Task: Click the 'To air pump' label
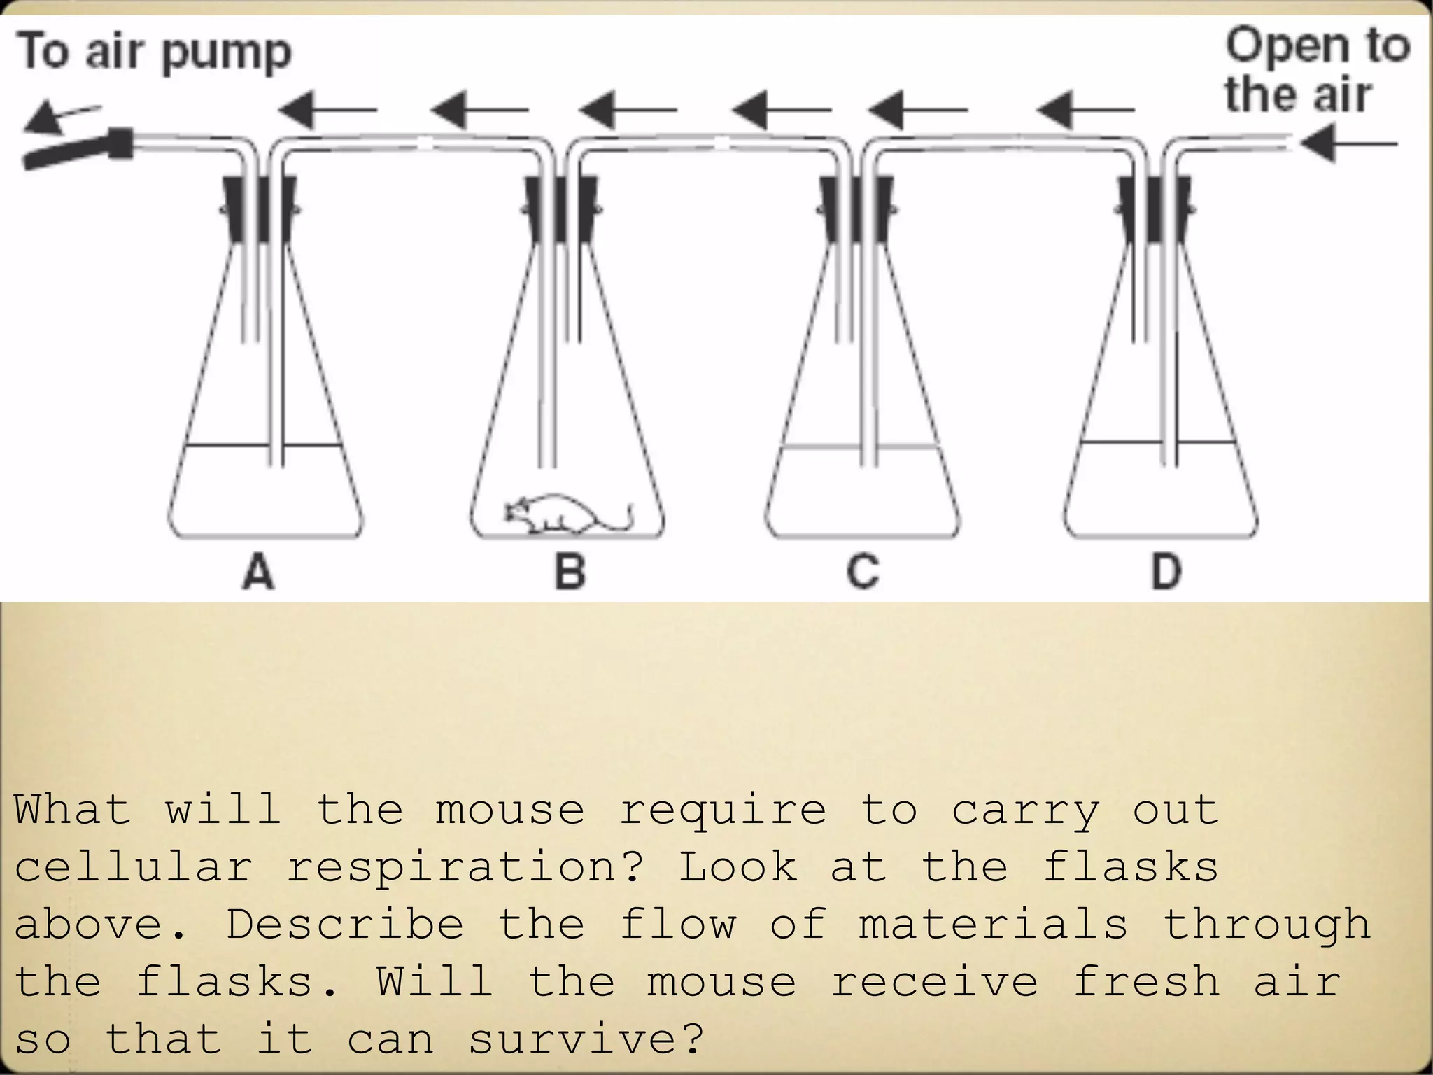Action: point(154,52)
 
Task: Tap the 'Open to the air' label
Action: point(1315,70)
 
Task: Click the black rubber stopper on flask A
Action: point(259,209)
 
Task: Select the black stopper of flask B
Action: point(560,209)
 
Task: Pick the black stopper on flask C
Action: point(856,209)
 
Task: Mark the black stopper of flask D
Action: point(1154,209)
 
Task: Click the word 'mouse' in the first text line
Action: point(509,810)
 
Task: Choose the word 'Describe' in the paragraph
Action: point(344,925)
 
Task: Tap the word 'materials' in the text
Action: point(993,925)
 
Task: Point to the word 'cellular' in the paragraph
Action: point(133,868)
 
